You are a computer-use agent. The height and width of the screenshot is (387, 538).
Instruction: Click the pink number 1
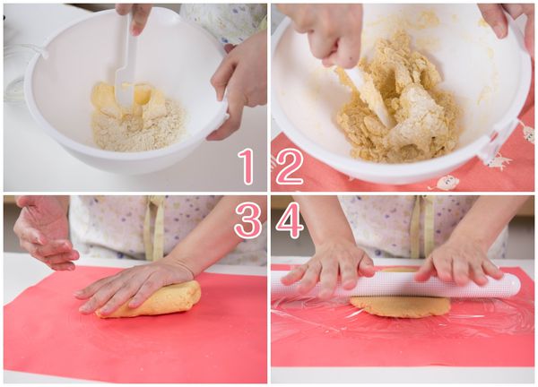pyautogui.click(x=247, y=167)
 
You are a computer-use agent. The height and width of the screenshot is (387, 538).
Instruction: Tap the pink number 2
pyautogui.click(x=290, y=167)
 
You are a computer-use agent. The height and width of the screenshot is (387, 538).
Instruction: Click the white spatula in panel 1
pyautogui.click(x=126, y=69)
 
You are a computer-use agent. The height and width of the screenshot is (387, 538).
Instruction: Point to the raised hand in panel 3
pyautogui.click(x=45, y=233)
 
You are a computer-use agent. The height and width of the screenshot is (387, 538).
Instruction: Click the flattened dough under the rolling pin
pyautogui.click(x=400, y=306)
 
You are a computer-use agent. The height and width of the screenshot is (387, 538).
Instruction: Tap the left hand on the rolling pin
pyautogui.click(x=329, y=266)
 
